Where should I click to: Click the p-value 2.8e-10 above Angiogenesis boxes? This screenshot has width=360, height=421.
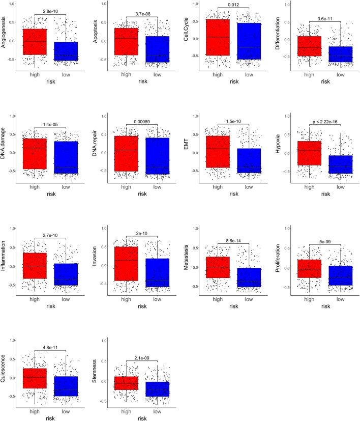point(50,10)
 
